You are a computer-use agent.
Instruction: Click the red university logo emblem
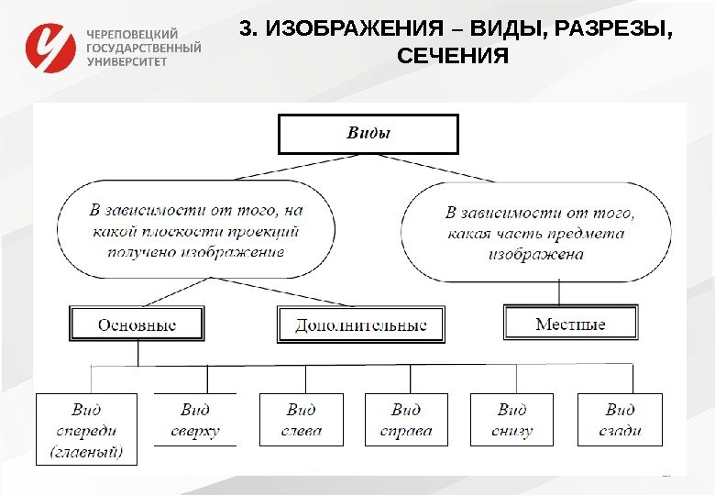tap(50, 49)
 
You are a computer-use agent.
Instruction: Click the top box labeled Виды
tap(368, 134)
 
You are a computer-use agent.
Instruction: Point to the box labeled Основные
tap(137, 324)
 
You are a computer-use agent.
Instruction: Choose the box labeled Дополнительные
tap(360, 324)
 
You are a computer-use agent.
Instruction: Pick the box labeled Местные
tap(570, 323)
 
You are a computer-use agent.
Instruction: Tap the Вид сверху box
tap(194, 421)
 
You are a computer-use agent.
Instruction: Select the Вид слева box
tap(301, 421)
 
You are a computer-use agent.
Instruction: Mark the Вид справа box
tap(406, 421)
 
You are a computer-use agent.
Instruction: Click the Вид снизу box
tap(511, 421)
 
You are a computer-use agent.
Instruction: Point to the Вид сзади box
tap(619, 421)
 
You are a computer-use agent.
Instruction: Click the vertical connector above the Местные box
tap(560, 292)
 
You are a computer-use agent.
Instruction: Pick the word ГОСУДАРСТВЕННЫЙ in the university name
tap(143, 48)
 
